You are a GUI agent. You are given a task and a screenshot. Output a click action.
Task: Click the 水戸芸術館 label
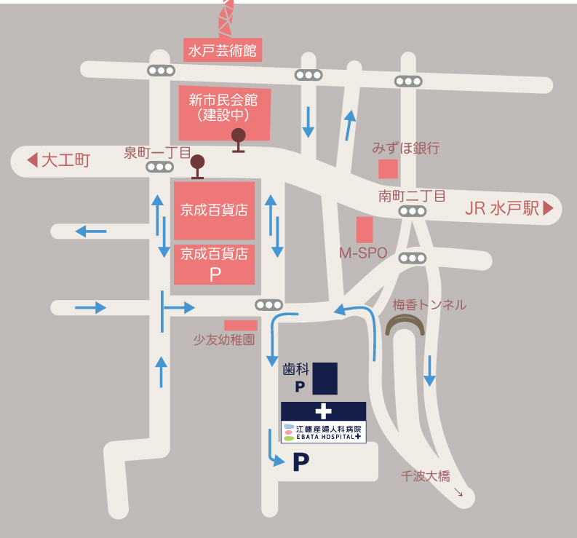[x=222, y=50]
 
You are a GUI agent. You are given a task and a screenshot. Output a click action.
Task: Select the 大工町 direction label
[x=65, y=160]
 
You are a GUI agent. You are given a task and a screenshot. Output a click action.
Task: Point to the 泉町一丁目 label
[x=156, y=153]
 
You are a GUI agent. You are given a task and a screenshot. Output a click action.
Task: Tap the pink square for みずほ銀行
[x=388, y=169]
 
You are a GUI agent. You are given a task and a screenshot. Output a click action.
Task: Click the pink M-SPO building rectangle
[x=365, y=229]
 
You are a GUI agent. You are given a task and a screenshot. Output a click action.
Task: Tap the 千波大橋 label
[x=426, y=477]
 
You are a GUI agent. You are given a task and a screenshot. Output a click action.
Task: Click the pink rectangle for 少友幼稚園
[x=240, y=325]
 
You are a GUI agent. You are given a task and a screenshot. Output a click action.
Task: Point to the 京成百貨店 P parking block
[x=214, y=264]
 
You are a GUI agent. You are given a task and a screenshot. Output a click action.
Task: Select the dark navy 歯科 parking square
[x=325, y=379]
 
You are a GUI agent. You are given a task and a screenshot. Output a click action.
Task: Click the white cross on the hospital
[x=323, y=411]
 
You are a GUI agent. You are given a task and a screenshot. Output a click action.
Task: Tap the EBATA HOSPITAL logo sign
[x=323, y=432]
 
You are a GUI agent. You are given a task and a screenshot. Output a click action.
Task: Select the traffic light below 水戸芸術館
[x=160, y=71]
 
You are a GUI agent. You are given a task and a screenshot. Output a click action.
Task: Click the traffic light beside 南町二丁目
[x=412, y=211]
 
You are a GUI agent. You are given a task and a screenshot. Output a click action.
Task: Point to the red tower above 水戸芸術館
[x=226, y=18]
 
